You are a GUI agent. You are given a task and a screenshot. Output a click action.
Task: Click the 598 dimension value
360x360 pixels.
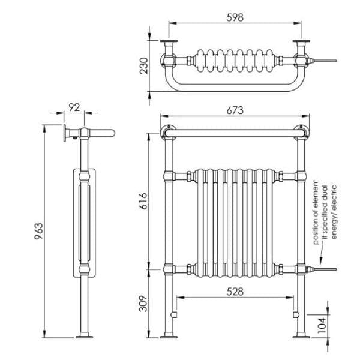(x=235, y=17)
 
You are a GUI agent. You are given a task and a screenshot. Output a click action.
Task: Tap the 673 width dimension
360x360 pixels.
(x=235, y=109)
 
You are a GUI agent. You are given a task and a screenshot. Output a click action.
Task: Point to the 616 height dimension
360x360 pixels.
(x=143, y=201)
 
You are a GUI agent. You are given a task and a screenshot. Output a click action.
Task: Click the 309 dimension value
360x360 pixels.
(x=143, y=305)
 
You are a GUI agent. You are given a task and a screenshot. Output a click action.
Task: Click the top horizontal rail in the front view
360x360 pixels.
(x=235, y=132)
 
